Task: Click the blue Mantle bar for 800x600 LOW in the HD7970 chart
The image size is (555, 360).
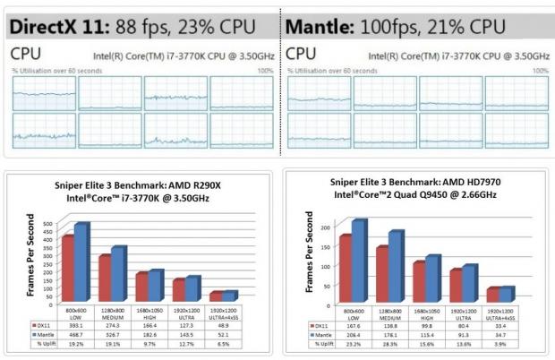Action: pyautogui.click(x=359, y=260)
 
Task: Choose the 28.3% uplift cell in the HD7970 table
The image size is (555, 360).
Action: pyautogui.click(x=407, y=344)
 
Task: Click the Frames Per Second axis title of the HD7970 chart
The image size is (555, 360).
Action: pyautogui.click(x=310, y=255)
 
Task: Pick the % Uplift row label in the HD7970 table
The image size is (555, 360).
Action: pyautogui.click(x=313, y=344)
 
